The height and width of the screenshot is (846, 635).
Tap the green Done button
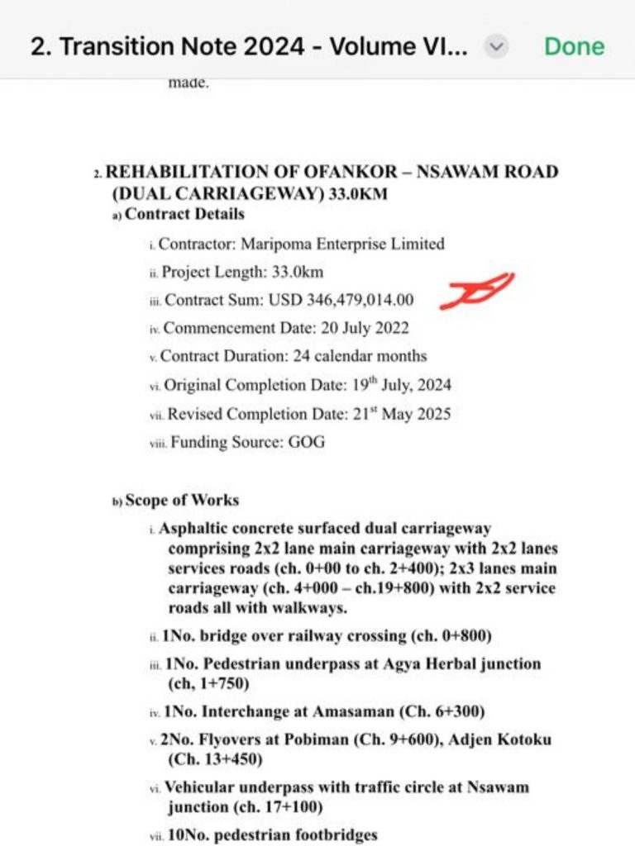[574, 46]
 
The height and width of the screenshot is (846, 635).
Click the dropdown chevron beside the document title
[496, 47]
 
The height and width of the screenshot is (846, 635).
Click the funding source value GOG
[306, 442]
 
